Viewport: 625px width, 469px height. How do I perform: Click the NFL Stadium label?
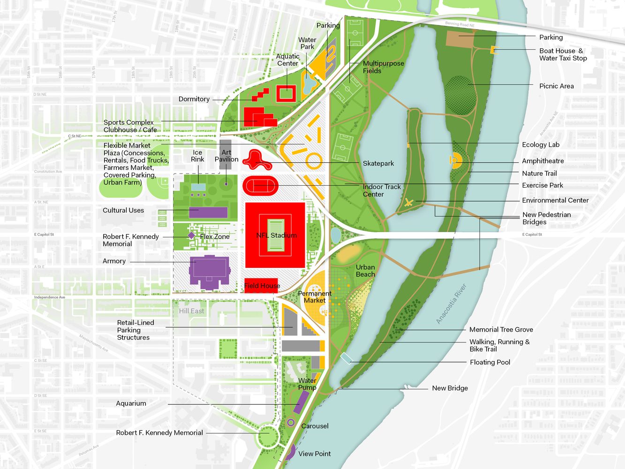276,235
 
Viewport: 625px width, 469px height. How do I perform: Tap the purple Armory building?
209,272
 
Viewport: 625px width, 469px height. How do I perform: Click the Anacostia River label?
451,303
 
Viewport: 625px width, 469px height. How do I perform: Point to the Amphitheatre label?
542,161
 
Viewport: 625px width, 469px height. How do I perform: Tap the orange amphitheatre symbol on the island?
455,160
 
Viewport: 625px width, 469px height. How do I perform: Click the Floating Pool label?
489,362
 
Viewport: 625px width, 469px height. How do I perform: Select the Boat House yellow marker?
493,50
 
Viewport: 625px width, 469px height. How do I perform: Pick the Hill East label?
191,311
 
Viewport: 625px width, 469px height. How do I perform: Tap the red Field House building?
261,285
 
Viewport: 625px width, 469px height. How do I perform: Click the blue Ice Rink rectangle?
198,187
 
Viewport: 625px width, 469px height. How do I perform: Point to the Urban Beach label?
365,271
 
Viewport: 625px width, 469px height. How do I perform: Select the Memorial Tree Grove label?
501,330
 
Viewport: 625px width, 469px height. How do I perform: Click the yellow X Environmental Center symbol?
409,202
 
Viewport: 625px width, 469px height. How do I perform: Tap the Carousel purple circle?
291,423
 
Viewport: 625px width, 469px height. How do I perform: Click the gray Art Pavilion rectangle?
226,153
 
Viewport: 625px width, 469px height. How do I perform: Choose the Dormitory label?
194,99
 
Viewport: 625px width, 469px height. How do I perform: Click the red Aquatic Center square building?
286,93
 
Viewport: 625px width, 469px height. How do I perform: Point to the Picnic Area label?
556,86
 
